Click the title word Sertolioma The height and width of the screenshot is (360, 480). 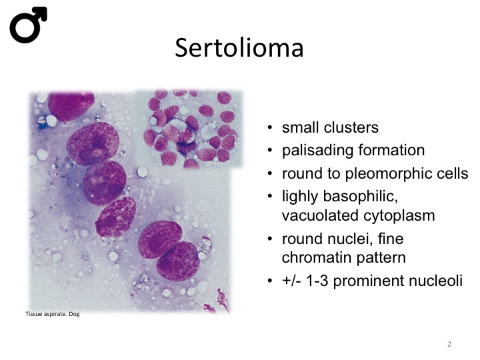click(x=239, y=48)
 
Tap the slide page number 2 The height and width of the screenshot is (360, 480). click(x=449, y=344)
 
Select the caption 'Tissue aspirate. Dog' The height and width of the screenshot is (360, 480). click(x=53, y=314)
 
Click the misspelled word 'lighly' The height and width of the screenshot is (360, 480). click(x=300, y=197)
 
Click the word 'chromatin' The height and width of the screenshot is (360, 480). click(x=316, y=257)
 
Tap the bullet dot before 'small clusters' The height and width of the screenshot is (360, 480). click(x=269, y=127)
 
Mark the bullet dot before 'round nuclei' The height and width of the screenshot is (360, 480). click(x=269, y=239)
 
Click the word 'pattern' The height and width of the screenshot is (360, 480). click(x=381, y=258)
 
